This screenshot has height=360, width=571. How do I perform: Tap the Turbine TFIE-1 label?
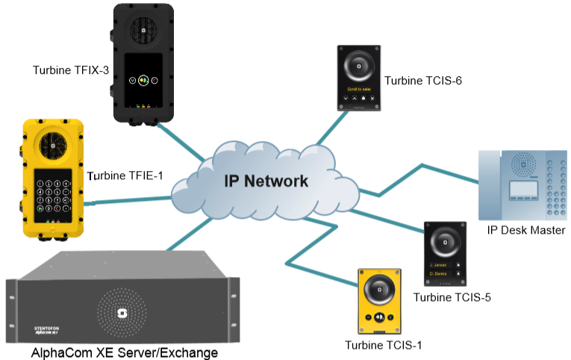[125, 176]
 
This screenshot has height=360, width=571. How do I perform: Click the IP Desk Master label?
[525, 230]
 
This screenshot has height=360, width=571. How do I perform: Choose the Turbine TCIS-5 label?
[452, 298]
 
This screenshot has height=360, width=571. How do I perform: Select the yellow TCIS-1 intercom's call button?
[380, 317]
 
